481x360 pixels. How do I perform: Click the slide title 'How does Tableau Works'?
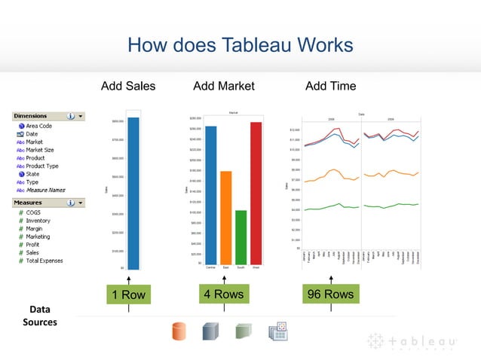tap(240, 45)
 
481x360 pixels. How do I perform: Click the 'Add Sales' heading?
tap(128, 86)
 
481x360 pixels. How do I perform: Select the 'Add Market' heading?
tap(224, 86)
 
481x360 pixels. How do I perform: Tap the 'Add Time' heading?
tap(330, 86)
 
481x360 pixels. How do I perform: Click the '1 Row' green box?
tap(128, 294)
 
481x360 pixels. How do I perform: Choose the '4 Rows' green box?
tap(223, 294)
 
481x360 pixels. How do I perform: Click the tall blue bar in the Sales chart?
tap(133, 193)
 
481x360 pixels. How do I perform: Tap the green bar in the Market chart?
tap(240, 236)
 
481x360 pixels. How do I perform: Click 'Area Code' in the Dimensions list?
tap(38, 126)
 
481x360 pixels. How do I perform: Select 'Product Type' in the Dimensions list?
tap(41, 166)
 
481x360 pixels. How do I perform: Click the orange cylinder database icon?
tap(179, 332)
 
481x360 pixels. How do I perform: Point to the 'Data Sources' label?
tap(38, 316)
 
